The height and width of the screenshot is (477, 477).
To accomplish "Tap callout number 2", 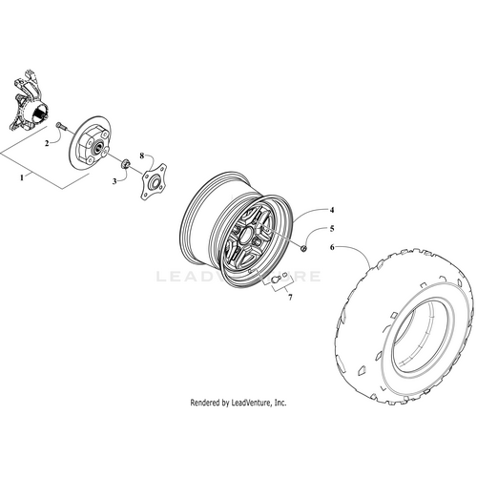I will pyautogui.click(x=44, y=144).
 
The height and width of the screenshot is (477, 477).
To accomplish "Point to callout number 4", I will pyautogui.click(x=305, y=210).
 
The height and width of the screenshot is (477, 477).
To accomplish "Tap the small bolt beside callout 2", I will pyautogui.click(x=61, y=126).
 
